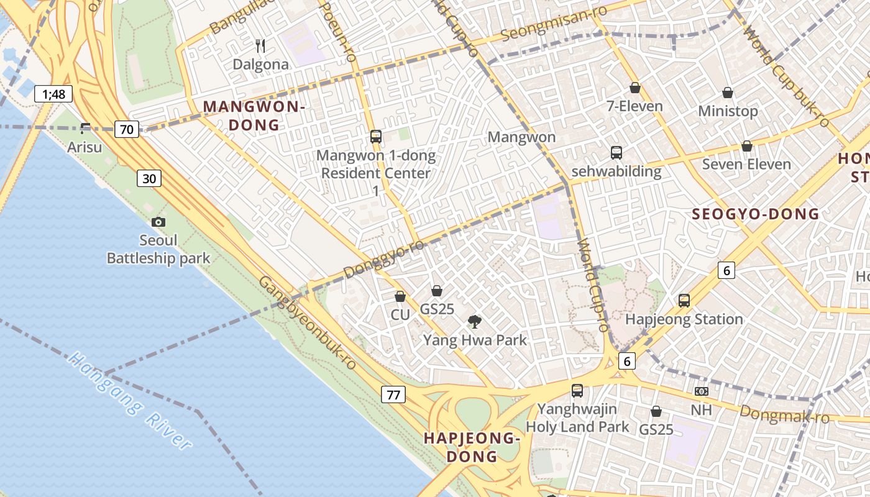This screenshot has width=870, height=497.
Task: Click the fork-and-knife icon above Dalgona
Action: pyautogui.click(x=261, y=45)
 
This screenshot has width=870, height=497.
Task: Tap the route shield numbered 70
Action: pyautogui.click(x=127, y=129)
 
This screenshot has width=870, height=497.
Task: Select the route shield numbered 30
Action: pyautogui.click(x=149, y=179)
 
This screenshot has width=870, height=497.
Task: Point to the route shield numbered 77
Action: pyautogui.click(x=393, y=394)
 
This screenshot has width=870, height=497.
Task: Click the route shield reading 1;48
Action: pyautogui.click(x=53, y=94)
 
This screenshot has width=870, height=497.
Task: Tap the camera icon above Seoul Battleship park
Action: pyautogui.click(x=158, y=222)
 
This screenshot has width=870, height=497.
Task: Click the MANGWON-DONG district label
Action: pyautogui.click(x=254, y=116)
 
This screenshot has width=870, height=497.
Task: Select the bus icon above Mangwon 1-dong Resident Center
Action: pyautogui.click(x=375, y=137)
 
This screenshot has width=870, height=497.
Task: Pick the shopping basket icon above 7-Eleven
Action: pyautogui.click(x=634, y=88)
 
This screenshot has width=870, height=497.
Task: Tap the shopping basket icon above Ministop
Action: pyautogui.click(x=728, y=93)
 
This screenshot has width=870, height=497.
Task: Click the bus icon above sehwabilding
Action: pyautogui.click(x=616, y=152)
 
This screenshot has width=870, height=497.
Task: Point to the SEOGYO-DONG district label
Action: pyautogui.click(x=756, y=214)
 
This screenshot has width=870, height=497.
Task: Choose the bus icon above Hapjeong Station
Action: pyautogui.click(x=684, y=301)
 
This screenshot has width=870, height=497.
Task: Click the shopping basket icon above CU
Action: pyautogui.click(x=400, y=296)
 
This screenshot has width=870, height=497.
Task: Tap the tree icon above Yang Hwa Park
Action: pyautogui.click(x=475, y=321)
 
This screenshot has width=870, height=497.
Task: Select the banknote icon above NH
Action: pyautogui.click(x=701, y=391)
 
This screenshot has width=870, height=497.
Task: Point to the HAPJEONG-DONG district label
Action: pyautogui.click(x=472, y=447)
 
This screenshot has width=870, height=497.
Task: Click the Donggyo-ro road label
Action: pyautogui.click(x=384, y=258)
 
